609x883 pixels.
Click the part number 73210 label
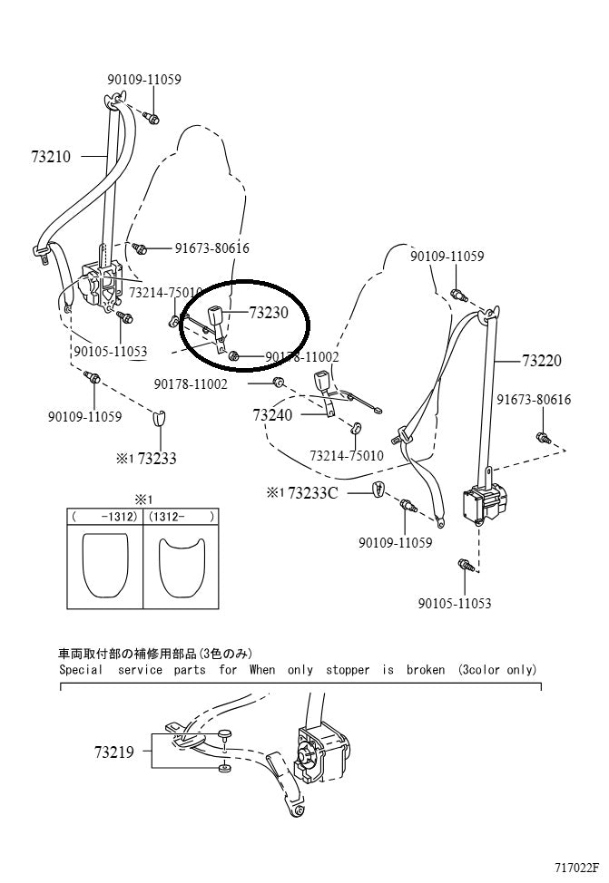tap(50, 156)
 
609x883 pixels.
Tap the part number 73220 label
tap(541, 360)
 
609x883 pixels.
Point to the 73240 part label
tap(272, 414)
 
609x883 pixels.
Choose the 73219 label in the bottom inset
tap(114, 752)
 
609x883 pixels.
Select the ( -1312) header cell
tap(103, 516)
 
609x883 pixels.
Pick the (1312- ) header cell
tap(181, 516)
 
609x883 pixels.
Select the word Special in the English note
tap(82, 670)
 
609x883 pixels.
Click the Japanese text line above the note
tap(154, 654)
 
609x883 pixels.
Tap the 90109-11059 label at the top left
tap(150, 80)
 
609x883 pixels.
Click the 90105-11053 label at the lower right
tap(454, 604)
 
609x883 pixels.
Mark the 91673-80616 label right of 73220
tap(534, 400)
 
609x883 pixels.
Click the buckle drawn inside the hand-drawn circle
tap(218, 318)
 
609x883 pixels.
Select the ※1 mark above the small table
tap(143, 500)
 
